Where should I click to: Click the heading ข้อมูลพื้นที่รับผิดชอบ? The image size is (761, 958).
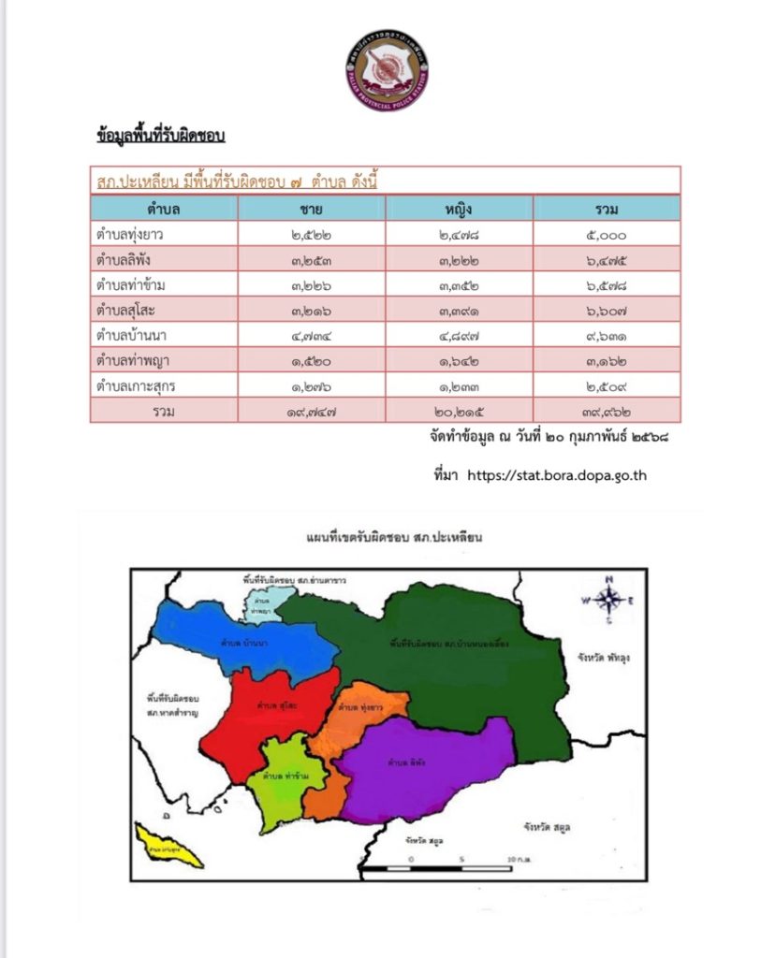click(160, 136)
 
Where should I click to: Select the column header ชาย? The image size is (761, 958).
click(312, 208)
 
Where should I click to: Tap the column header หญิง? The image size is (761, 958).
click(459, 208)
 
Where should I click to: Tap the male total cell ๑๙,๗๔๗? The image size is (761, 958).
click(312, 411)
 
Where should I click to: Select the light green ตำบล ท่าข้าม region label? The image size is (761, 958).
click(281, 777)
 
